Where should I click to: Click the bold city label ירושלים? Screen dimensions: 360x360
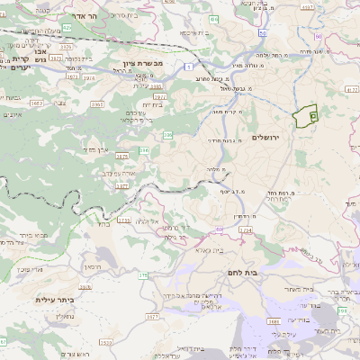[267, 137]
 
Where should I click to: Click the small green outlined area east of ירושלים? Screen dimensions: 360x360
[307, 116]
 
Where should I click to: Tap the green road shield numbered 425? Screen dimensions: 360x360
[67, 27]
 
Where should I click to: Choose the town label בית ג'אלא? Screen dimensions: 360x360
[206, 249]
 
